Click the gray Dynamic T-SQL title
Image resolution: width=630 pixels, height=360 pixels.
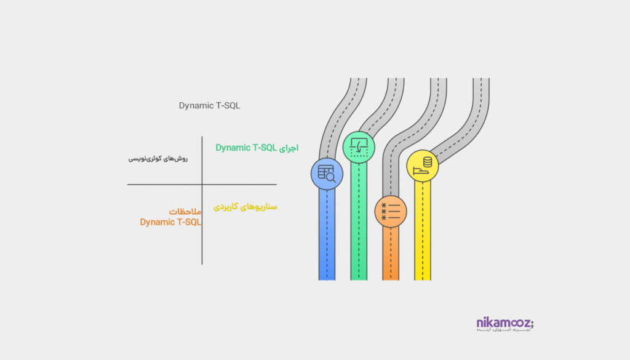click(x=210, y=105)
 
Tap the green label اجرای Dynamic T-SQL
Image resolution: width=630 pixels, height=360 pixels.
click(x=257, y=148)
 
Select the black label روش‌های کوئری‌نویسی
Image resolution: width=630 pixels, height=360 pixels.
click(x=158, y=159)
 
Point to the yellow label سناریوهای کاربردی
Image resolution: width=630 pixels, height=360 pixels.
click(x=245, y=207)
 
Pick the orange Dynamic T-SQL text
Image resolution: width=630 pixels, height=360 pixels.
click(x=170, y=222)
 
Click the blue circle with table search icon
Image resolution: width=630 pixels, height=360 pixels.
click(x=327, y=174)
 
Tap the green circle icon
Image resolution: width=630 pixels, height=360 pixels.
click(x=359, y=147)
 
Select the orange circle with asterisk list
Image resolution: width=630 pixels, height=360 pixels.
click(x=391, y=211)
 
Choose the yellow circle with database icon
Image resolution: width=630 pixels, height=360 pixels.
click(x=423, y=166)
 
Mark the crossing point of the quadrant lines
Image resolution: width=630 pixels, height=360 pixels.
click(x=202, y=184)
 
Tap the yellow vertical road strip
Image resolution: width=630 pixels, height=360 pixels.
click(x=423, y=234)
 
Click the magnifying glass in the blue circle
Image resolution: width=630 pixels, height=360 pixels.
click(x=331, y=177)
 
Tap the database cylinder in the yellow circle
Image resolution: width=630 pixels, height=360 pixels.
click(x=427, y=162)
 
